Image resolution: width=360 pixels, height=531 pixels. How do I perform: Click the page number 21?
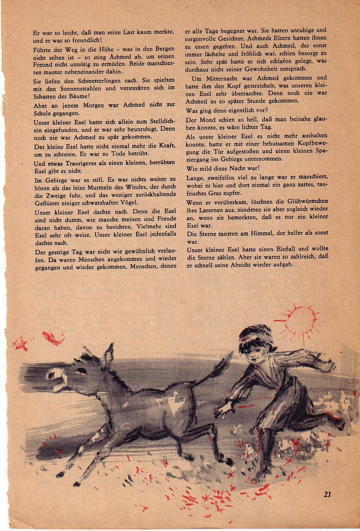coord(328,494)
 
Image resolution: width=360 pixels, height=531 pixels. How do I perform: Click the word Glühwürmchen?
coord(308,201)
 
